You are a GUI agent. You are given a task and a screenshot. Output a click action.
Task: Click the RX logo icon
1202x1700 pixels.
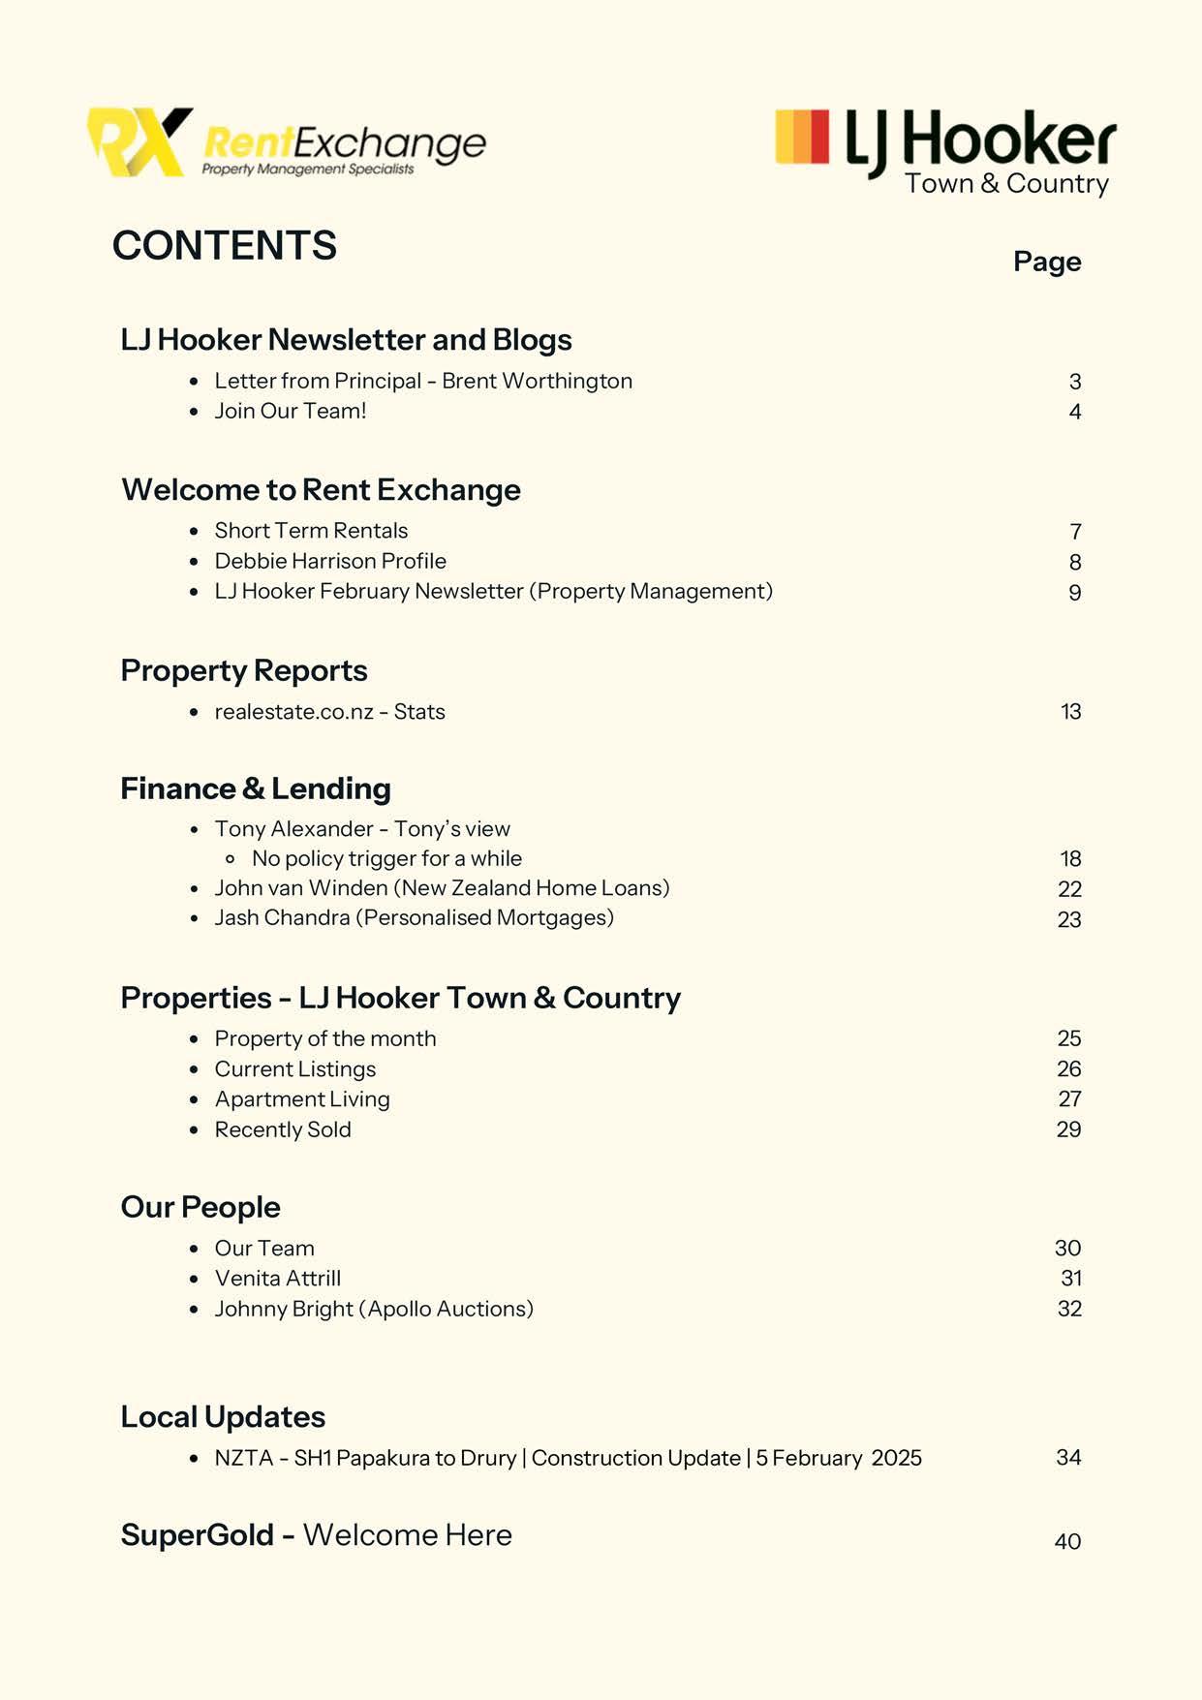(138, 142)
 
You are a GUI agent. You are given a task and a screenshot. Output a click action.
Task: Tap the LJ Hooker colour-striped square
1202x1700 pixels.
(802, 137)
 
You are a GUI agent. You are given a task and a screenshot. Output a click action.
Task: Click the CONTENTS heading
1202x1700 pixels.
(225, 246)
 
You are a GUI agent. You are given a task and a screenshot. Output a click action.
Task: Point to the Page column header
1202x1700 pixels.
(1047, 262)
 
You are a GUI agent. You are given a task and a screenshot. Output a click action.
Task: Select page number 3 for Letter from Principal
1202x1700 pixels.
(1075, 383)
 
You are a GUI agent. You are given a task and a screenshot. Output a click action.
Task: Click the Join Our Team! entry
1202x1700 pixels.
(291, 411)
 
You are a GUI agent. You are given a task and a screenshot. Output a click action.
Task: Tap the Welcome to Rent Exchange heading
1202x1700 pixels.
(321, 490)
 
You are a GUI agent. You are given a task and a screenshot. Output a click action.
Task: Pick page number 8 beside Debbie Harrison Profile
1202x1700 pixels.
(1075, 563)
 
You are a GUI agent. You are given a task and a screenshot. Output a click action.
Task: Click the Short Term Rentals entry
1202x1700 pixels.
(311, 531)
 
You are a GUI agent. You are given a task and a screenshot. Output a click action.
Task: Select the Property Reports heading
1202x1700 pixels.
(244, 670)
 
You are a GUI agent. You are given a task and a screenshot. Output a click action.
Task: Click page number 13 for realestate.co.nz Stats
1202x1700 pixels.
(1070, 712)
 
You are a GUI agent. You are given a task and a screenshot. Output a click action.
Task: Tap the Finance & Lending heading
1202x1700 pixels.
(256, 788)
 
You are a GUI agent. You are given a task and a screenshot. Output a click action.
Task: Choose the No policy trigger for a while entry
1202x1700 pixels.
(386, 859)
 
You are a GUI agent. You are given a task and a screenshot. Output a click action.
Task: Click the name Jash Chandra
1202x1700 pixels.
(282, 917)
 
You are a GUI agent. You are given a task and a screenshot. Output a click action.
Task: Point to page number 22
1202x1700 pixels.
(1069, 889)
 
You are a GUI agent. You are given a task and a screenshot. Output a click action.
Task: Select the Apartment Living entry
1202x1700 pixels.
(302, 1099)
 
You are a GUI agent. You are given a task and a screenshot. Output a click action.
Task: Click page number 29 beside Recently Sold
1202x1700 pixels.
(1069, 1129)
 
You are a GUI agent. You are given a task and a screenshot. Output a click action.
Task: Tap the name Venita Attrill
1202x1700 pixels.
(278, 1279)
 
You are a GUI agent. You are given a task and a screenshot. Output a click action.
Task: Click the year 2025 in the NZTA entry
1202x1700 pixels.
(896, 1458)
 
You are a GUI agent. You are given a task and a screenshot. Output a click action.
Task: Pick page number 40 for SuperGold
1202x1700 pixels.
(1067, 1541)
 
